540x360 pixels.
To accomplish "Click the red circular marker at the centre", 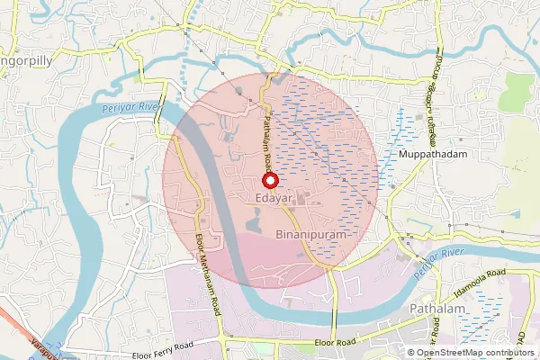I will [268, 180].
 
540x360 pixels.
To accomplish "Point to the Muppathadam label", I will [428, 154].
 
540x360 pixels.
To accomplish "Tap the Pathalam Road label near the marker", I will [267, 139].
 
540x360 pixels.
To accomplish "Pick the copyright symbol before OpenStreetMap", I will [412, 353].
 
